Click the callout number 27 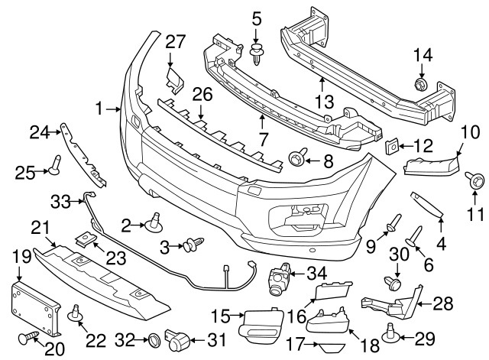pyautogui.click(x=176, y=41)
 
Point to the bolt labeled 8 pyautogui.click(x=296, y=161)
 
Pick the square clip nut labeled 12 pyautogui.click(x=392, y=144)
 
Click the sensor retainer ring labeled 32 pyautogui.click(x=152, y=337)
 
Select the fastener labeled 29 pyautogui.click(x=390, y=332)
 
